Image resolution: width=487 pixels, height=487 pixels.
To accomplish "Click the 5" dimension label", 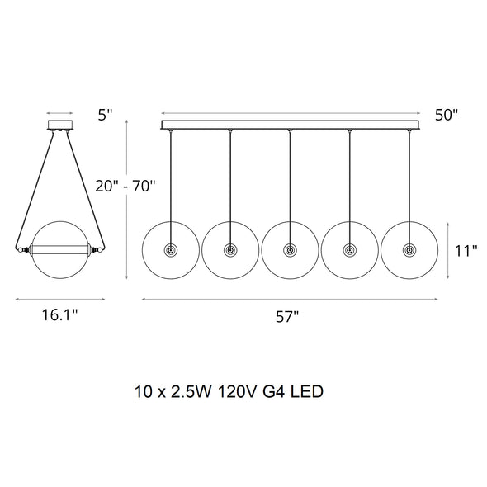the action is click(x=105, y=115).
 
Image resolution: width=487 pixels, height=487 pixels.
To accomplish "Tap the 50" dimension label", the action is click(x=447, y=115).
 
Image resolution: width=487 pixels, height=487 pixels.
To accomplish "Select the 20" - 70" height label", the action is click(x=125, y=187).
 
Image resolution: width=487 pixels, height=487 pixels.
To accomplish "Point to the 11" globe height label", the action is click(x=466, y=251).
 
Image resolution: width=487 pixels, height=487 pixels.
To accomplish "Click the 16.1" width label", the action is click(x=60, y=315).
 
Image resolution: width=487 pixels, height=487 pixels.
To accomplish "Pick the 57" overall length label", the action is click(x=287, y=317).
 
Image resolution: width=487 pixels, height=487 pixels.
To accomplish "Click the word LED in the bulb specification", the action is click(x=307, y=391).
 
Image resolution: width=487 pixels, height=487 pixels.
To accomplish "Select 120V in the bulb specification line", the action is click(x=237, y=391).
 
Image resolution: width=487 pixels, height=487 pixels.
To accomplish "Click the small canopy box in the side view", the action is click(x=60, y=125).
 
